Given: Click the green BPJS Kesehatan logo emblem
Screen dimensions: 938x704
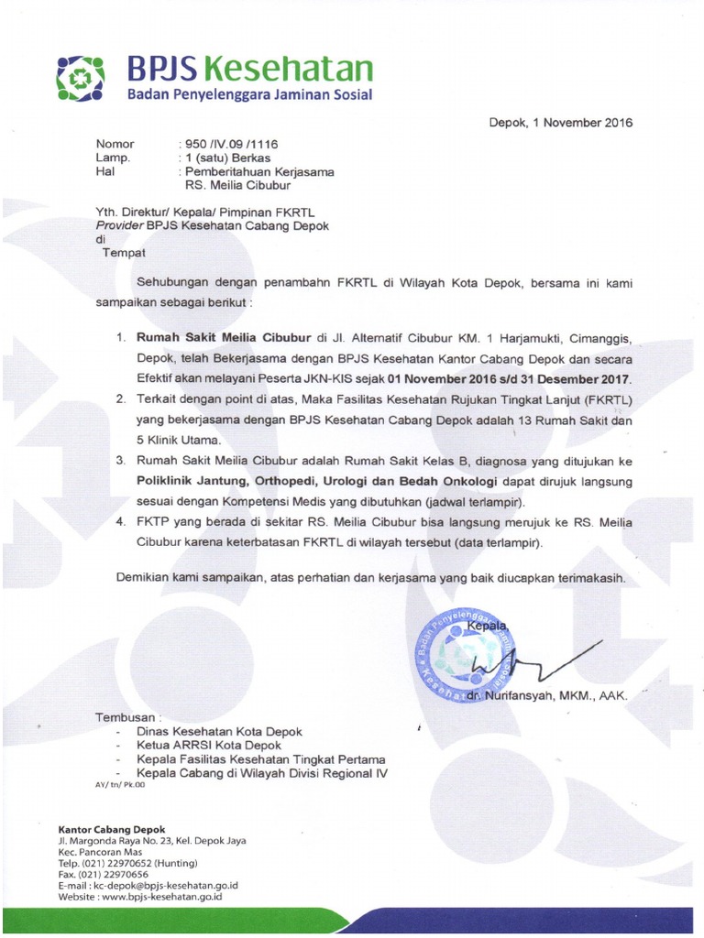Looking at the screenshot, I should click(80, 77).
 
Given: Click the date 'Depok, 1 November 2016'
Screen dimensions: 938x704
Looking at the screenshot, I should click(560, 123).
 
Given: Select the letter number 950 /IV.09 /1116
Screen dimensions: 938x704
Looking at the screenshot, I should click(221, 144).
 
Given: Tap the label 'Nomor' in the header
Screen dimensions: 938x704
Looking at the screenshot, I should click(115, 144).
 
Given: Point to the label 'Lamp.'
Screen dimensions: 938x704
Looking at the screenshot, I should click(113, 158).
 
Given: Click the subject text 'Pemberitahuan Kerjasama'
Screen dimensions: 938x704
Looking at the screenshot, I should click(259, 171).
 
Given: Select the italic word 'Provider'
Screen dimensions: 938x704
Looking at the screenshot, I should click(120, 226).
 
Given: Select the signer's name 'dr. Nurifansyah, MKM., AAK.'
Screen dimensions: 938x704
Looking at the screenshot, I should click(546, 696).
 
